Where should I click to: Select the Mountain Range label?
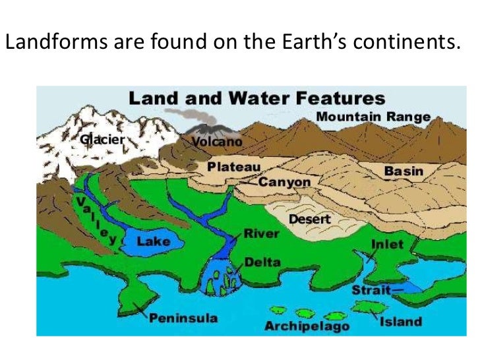click(373, 117)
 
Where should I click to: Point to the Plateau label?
click(234, 167)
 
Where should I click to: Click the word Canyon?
click(284, 181)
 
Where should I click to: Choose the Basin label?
click(404, 171)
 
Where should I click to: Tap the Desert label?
click(309, 219)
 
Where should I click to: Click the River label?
click(261, 233)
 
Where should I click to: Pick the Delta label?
click(262, 262)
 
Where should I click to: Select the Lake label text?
click(153, 241)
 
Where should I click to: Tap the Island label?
click(400, 322)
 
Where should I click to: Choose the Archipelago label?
click(307, 326)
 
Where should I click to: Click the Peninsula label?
click(183, 318)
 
